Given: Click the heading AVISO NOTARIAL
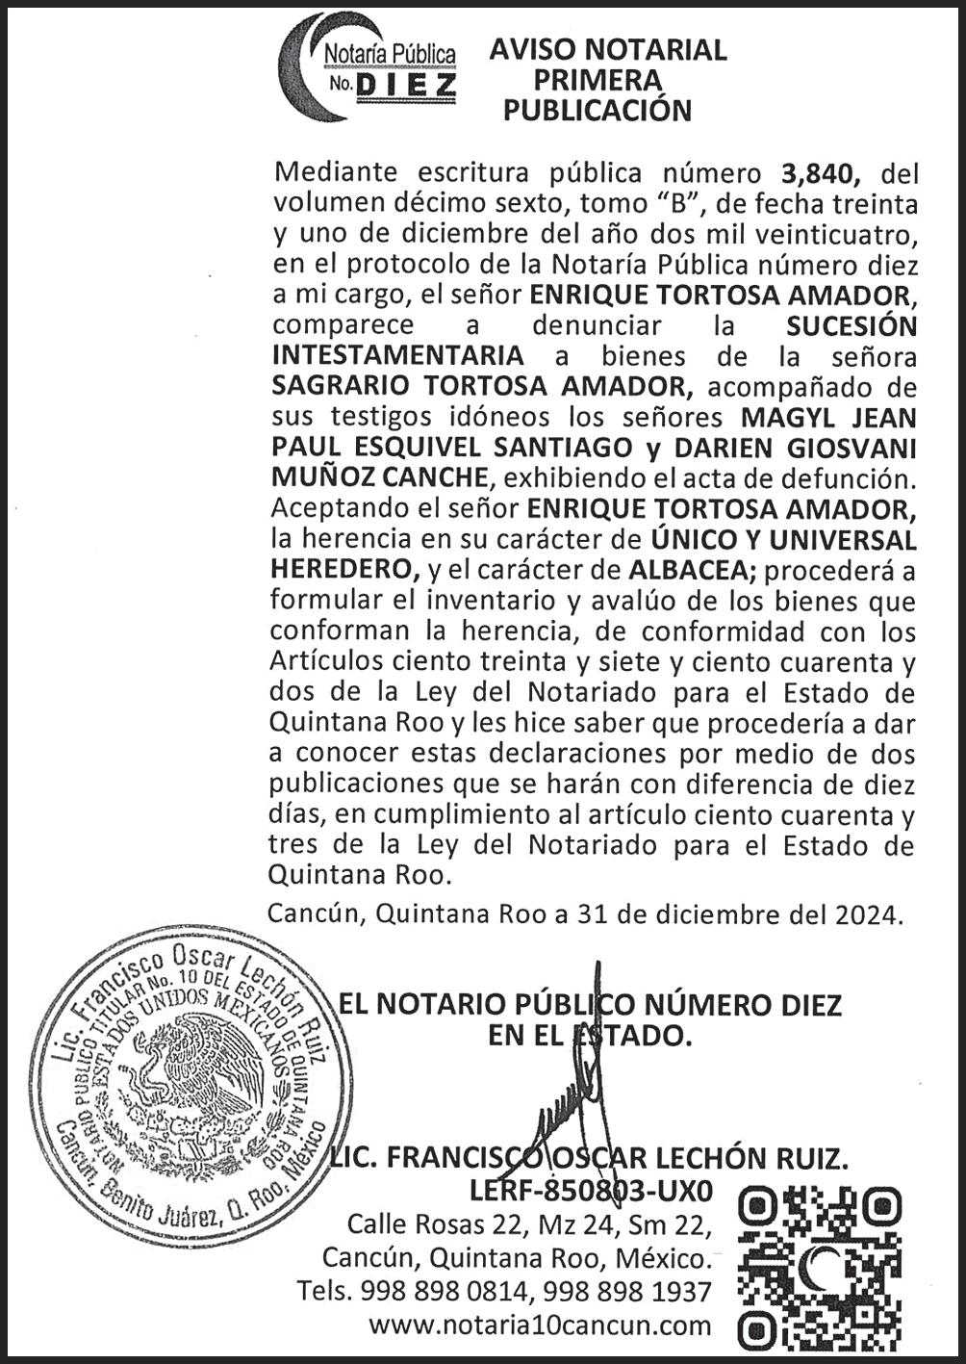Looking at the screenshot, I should coord(607,50).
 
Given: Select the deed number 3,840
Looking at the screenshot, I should coord(818,173).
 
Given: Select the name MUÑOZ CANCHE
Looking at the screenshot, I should coord(379,477).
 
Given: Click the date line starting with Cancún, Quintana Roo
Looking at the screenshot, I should coord(586,914).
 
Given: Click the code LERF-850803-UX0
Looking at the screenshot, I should coord(591,1191).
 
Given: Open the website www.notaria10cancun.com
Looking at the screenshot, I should coord(540,1325).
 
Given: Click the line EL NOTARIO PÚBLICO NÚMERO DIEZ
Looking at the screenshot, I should coord(590,1005).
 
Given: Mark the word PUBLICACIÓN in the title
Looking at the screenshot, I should coord(597,111).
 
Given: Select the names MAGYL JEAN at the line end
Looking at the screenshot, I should coord(828,417).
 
